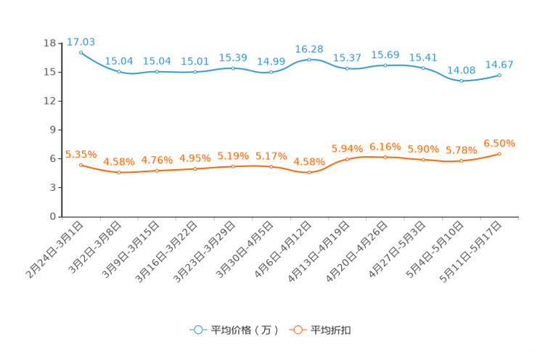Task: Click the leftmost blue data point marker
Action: pos(81,52)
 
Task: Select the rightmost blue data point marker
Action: pos(500,75)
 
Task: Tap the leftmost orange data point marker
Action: pos(81,165)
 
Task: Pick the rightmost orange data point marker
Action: pos(500,154)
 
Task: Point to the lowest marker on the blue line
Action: pos(462,80)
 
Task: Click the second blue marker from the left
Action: pos(119,71)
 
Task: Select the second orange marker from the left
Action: pos(119,172)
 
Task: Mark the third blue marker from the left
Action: pos(157,71)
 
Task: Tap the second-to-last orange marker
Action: pos(462,161)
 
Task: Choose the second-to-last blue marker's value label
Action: pos(462,70)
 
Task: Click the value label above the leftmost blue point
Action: pos(81,41)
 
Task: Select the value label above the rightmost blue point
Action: pos(500,65)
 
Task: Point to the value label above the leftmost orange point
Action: pos(81,154)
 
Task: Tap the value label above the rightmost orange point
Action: pos(500,143)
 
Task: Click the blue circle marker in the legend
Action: pos(197,330)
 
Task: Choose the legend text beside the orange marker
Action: pos(332,330)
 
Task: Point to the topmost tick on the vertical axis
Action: pos(61,44)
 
